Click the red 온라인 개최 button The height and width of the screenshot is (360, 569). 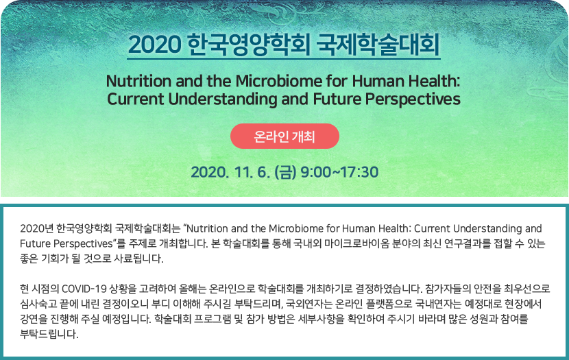[x=284, y=136]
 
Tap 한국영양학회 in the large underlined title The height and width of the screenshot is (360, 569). [x=249, y=45]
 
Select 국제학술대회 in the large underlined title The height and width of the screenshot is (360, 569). [x=378, y=45]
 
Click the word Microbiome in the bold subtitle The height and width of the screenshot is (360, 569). [x=278, y=81]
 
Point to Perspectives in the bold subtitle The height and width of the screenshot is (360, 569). [x=413, y=99]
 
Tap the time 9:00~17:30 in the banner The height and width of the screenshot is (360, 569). [x=339, y=172]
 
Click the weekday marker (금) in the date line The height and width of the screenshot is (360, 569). [x=286, y=172]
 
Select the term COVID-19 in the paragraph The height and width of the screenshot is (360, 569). [x=84, y=289]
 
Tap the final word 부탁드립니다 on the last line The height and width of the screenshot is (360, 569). [x=49, y=334]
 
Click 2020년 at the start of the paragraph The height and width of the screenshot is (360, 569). [x=36, y=228]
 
